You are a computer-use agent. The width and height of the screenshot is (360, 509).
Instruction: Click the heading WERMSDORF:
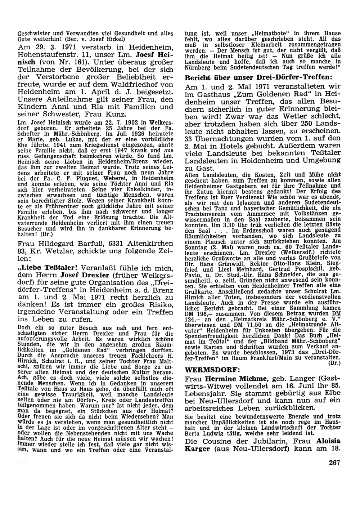tap(207, 370)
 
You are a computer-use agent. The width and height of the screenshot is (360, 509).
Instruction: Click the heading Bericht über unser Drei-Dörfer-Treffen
tap(258, 77)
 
